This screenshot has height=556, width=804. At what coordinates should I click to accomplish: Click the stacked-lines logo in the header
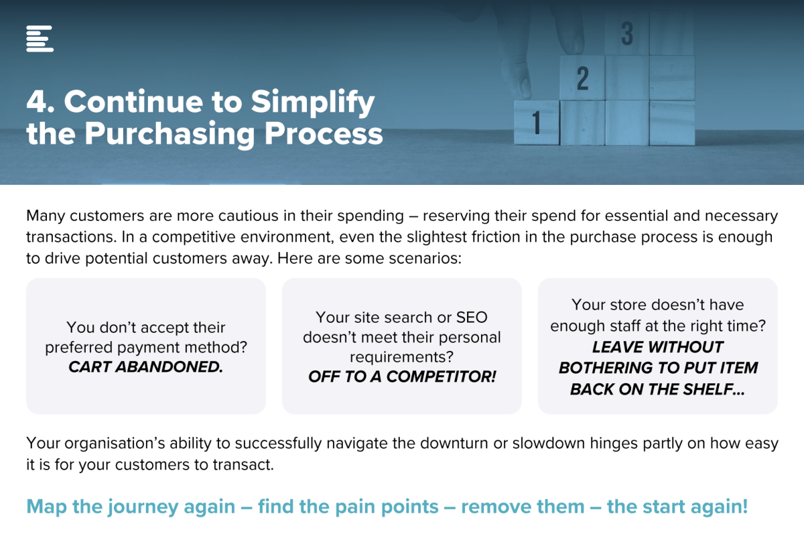[x=40, y=39]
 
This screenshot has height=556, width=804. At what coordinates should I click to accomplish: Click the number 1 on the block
[x=536, y=123]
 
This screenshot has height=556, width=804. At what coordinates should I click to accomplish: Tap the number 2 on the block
[x=582, y=78]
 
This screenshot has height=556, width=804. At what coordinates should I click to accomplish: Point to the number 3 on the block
[x=627, y=33]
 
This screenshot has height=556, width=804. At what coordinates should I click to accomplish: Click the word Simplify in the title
[x=313, y=102]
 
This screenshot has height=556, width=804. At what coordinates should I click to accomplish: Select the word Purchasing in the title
[x=170, y=134]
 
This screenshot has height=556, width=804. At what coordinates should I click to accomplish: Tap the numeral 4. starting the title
[x=41, y=102]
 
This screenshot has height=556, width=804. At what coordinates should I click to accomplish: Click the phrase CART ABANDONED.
[x=146, y=367]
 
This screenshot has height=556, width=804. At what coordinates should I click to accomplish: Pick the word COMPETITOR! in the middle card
[x=441, y=376]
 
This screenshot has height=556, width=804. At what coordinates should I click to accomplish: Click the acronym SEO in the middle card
[x=472, y=318]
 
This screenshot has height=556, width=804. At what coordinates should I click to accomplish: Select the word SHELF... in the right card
[x=714, y=389]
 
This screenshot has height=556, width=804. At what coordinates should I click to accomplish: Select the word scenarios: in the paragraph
[x=425, y=259]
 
